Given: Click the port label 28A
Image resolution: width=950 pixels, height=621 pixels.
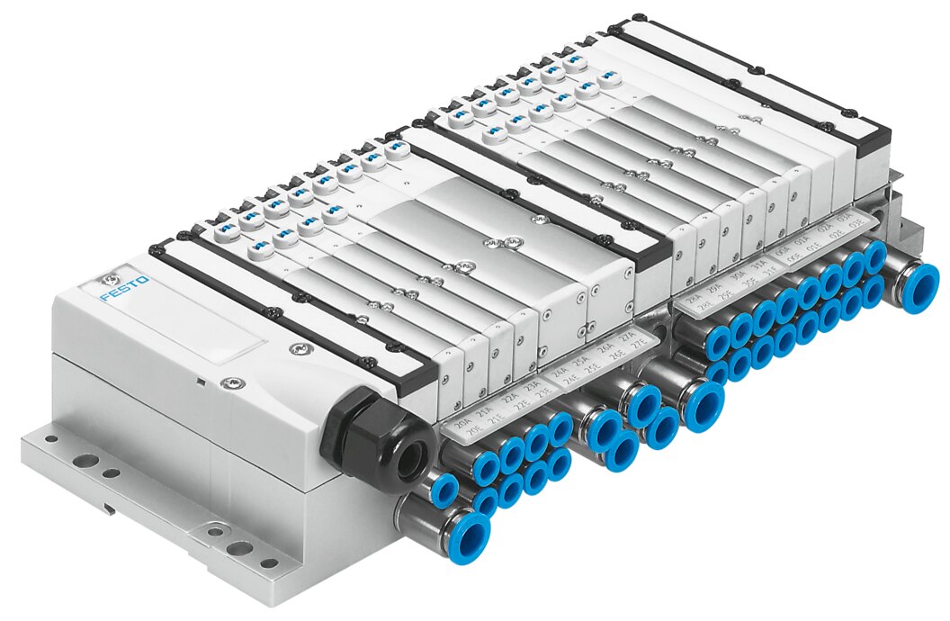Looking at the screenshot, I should pyautogui.click(x=693, y=300).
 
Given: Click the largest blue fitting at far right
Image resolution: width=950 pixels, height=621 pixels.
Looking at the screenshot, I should pyautogui.click(x=916, y=284).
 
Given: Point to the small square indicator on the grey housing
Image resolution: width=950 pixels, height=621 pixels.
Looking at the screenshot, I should pyautogui.click(x=201, y=381).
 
